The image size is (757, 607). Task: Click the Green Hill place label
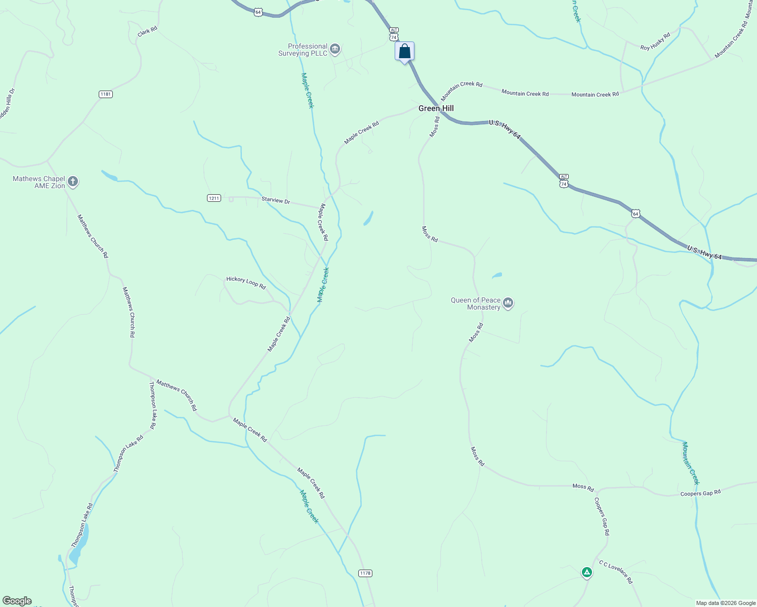tap(436, 108)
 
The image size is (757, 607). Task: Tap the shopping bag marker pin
tap(404, 52)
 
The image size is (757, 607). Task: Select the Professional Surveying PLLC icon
tap(334, 49)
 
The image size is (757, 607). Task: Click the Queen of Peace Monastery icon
tap(509, 303)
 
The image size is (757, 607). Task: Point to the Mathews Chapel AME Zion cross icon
tap(73, 182)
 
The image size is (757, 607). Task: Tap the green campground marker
tap(586, 572)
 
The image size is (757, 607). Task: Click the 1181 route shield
tap(105, 94)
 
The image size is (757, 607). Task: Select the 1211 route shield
tap(214, 198)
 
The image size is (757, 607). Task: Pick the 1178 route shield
tap(365, 573)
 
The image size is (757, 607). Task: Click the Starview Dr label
tap(276, 200)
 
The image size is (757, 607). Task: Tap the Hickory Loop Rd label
tap(246, 282)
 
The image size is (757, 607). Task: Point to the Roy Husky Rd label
tap(655, 41)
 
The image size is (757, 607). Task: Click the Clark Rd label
tap(147, 31)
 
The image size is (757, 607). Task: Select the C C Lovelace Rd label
tap(616, 572)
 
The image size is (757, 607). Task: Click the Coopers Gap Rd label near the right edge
tap(700, 493)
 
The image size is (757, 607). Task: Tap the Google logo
tap(17, 601)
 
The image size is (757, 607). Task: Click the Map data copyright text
tap(726, 603)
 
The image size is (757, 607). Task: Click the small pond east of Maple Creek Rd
tap(368, 219)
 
